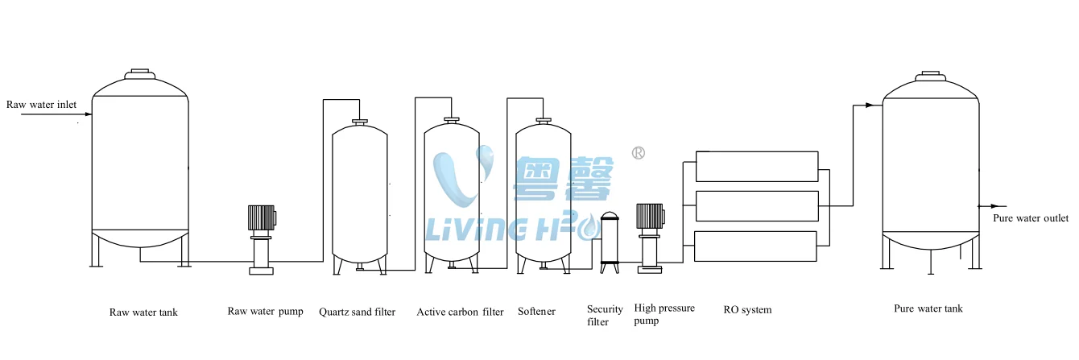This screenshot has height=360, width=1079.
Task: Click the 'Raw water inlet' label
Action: tap(41, 105)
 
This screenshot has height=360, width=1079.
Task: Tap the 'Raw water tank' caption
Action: tap(143, 312)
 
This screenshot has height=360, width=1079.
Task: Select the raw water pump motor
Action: tap(262, 217)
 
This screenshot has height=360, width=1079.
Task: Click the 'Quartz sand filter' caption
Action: tap(357, 312)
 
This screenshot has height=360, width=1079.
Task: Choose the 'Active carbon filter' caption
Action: tap(460, 312)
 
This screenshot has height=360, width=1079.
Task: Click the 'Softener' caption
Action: tap(536, 312)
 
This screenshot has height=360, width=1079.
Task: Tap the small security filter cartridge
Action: tap(610, 242)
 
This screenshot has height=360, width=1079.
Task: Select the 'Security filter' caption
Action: tap(605, 316)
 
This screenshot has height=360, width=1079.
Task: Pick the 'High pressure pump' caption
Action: tap(664, 314)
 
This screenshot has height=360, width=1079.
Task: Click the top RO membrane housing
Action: tap(756, 166)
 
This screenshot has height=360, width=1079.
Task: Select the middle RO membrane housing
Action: tap(756, 205)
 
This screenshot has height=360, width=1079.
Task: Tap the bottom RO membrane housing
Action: tap(756, 246)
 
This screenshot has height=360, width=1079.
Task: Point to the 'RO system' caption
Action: tap(747, 310)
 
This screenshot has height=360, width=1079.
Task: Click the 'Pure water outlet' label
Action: tap(1030, 218)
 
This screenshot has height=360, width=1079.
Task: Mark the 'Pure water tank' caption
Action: tap(928, 308)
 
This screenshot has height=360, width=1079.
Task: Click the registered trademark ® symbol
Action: tap(639, 152)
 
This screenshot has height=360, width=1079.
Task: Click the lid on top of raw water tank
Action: tap(140, 73)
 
